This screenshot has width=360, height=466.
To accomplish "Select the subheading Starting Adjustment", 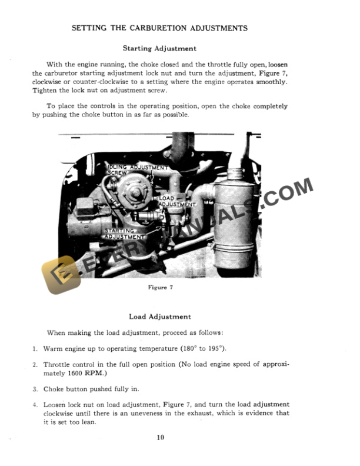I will coord(159,48).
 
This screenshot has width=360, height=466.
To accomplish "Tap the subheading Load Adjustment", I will coord(159,317).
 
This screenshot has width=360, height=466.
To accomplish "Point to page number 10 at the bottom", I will coord(160,437).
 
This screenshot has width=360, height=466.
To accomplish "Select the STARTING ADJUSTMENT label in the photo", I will coord(124,234).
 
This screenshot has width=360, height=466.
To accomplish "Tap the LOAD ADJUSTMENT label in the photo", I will coord(177,201).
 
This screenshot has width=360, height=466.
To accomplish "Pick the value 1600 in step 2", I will coord(69,374).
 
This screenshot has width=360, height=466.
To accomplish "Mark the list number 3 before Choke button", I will coord(35,389).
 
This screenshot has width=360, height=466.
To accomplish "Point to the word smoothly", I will coord(271,82).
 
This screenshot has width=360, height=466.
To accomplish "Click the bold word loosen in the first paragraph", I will coord(276,65).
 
